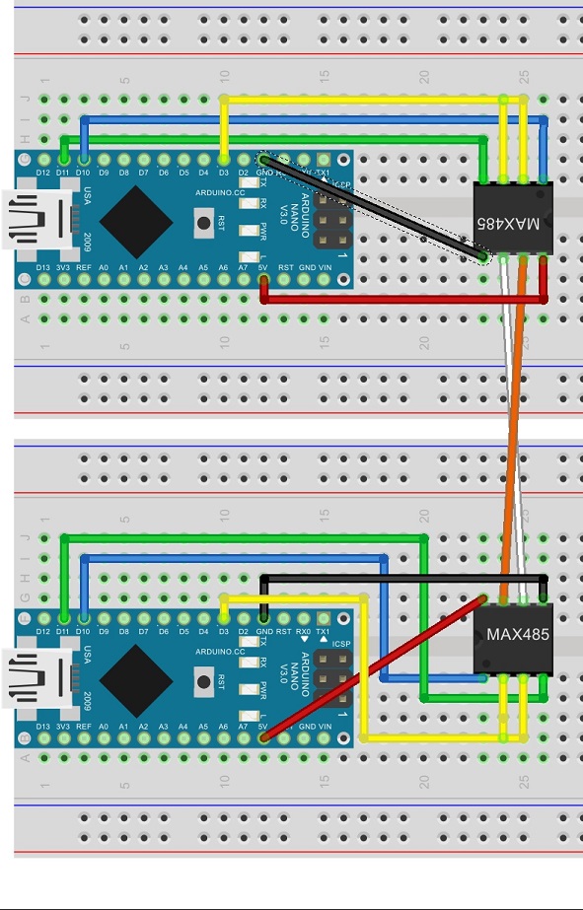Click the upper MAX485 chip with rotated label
pyautogui.click(x=513, y=220)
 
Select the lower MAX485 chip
pyautogui.click(x=513, y=635)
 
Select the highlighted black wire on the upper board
pyautogui.click(x=375, y=210)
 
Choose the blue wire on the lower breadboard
pyautogui.click(x=237, y=559)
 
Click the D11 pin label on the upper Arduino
pyautogui.click(x=63, y=174)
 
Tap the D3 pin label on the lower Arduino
pyautogui.click(x=224, y=631)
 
